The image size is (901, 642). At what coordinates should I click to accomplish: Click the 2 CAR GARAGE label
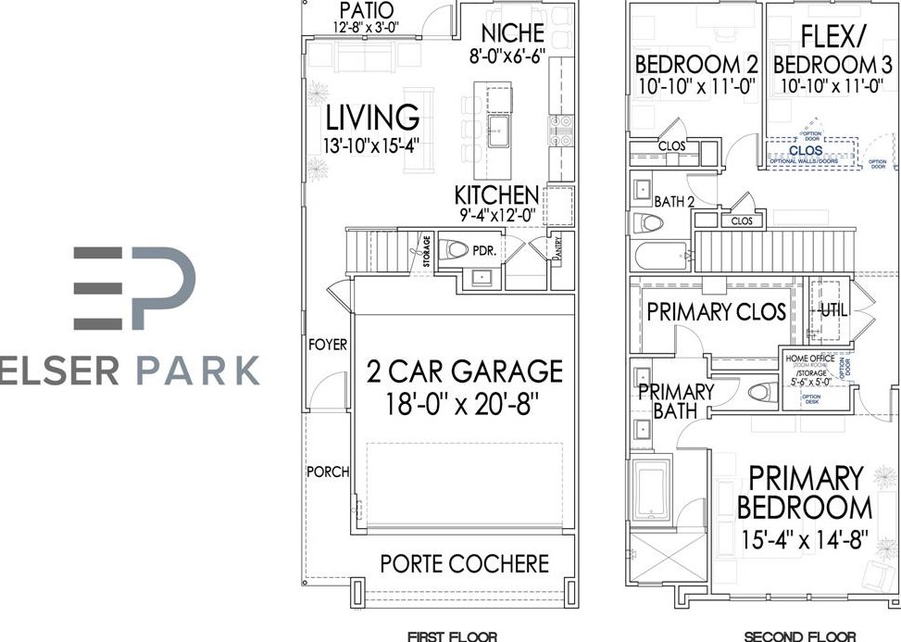point(464,371)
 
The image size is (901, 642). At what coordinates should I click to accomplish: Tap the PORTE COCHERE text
point(464,563)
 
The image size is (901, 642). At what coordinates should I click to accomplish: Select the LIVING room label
point(372,118)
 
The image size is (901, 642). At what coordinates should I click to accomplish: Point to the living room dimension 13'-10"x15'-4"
point(372,145)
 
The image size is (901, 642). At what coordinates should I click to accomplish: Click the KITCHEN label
point(495,195)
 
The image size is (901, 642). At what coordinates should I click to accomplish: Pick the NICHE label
point(512,33)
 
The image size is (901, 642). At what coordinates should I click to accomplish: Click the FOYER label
point(327,345)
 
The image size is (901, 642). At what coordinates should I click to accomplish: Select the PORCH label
point(327,472)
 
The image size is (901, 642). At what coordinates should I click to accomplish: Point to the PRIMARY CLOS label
point(716,312)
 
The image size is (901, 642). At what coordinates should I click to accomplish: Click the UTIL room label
point(832,312)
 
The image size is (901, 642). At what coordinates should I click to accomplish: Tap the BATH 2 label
point(675,200)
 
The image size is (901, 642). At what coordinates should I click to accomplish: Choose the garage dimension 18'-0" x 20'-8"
point(464,405)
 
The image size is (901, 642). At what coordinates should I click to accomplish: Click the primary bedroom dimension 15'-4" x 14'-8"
point(805,538)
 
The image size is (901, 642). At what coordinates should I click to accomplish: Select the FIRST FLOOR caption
point(452,636)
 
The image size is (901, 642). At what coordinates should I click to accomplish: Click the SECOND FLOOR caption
point(800,636)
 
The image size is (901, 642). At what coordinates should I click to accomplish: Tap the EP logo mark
point(134,288)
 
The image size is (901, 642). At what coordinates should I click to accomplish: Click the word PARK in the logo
point(198,370)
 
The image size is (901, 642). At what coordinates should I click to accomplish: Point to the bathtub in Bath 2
point(660,256)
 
